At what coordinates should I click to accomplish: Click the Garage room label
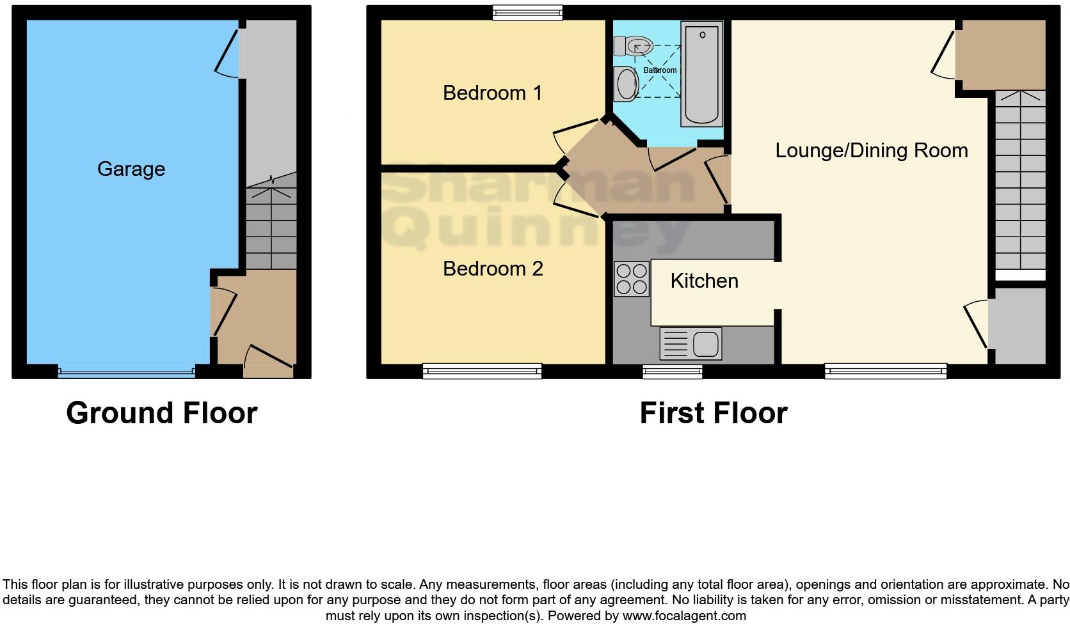pos(131,169)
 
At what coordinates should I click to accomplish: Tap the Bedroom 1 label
pos(492,93)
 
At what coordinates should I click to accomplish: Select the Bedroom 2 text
pos(493,269)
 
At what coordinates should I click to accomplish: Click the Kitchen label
pos(704,281)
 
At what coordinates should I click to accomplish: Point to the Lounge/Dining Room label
pos(871,151)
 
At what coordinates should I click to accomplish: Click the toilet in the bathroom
pos(632,45)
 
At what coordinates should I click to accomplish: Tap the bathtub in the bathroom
pos(702,74)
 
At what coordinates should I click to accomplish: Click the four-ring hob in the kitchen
pos(631,279)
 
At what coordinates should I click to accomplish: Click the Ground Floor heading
pos(161,413)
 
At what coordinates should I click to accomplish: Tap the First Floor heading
pos(713,413)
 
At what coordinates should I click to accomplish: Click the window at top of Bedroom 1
pos(527,13)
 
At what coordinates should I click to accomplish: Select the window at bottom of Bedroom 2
pos(482,371)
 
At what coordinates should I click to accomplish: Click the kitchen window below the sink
pos(672,371)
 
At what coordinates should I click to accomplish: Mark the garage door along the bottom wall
pos(126,371)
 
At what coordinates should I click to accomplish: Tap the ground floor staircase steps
pos(271,228)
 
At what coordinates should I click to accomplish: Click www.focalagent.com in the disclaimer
pos(684,616)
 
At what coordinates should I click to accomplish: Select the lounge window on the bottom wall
pos(885,371)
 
